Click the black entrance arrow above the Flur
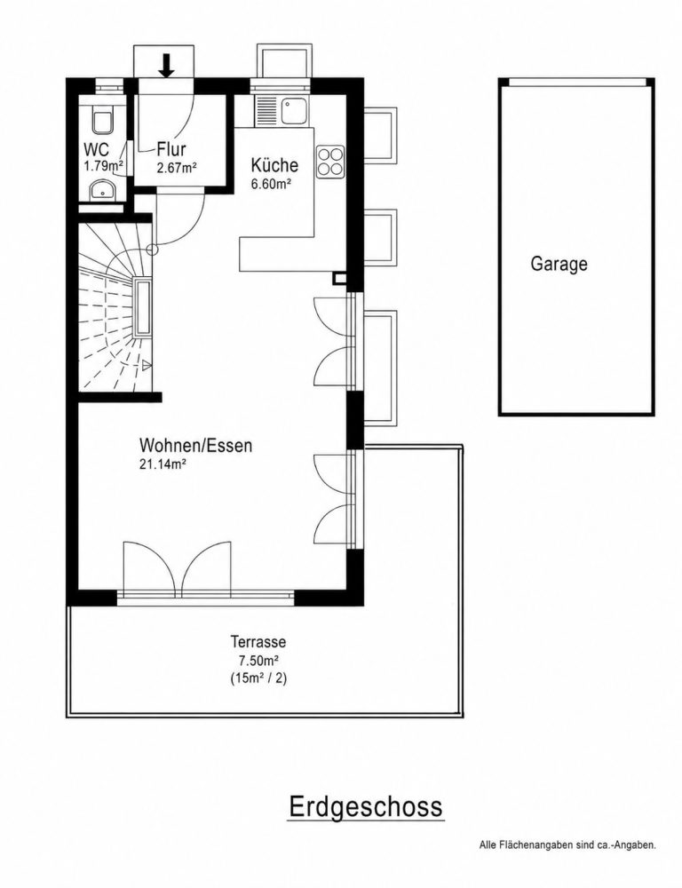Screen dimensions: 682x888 166,65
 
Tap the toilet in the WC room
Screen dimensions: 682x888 102,121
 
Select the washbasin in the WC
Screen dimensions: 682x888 102,190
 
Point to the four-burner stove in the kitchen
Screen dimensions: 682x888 330,161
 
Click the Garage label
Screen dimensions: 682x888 559,264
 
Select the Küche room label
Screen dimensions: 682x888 274,165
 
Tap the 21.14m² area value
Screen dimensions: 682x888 163,464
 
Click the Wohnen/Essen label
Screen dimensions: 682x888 196,445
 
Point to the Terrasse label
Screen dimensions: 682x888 258,642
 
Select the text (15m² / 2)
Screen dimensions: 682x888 258,678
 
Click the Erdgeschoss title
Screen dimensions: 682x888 365,806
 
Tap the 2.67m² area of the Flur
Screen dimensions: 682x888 177,168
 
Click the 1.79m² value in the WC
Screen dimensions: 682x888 104,167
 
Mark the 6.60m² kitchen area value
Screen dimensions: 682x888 271,184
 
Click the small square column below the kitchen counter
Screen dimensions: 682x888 339,278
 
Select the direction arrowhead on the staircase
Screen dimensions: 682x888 147,366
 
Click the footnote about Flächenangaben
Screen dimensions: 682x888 567,860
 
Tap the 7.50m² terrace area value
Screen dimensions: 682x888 258,661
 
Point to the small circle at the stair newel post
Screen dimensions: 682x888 151,249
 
